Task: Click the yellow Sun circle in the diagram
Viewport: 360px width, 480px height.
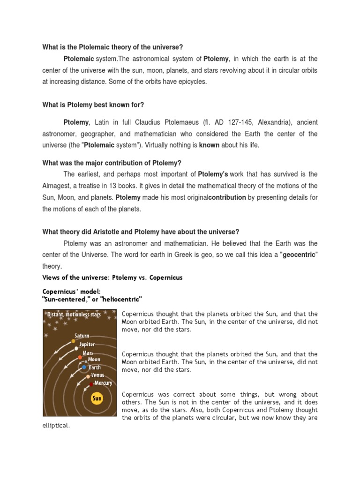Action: [97, 399]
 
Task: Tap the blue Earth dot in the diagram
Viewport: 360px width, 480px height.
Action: [84, 367]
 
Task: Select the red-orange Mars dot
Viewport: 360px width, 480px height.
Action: [80, 358]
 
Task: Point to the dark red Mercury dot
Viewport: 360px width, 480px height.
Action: [91, 384]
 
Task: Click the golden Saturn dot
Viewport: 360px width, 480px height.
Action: [73, 341]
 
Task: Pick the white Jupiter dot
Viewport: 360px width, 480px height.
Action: [76, 349]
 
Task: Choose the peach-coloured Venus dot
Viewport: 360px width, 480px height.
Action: [88, 376]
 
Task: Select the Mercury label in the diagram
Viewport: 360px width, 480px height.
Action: [103, 383]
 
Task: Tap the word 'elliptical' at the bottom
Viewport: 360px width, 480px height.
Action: [56, 426]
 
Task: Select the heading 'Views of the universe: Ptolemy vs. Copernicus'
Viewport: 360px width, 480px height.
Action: [112, 277]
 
